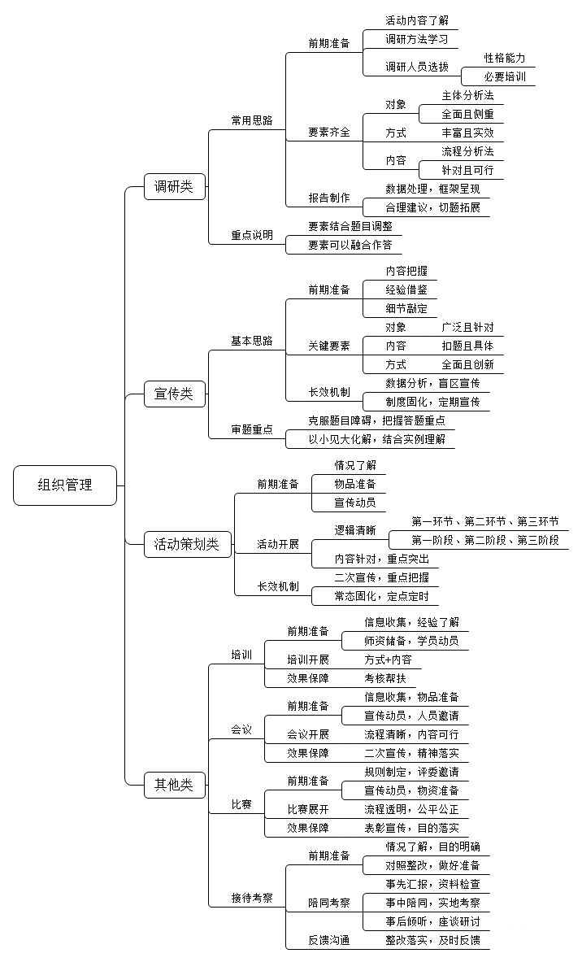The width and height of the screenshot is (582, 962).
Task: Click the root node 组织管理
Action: pos(65,485)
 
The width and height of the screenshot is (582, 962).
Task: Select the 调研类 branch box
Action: pos(174,186)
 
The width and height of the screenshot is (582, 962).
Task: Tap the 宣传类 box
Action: pos(174,394)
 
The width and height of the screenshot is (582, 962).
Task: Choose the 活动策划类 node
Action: pos(188,544)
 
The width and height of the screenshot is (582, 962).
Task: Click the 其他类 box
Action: pos(174,785)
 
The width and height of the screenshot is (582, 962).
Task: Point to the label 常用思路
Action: pos(251,121)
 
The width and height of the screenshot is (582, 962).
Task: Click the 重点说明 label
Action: pos(251,236)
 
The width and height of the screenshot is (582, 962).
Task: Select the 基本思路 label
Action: pos(251,341)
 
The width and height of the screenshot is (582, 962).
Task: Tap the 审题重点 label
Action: pos(251,430)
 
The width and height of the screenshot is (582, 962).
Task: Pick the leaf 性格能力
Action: pos(505,59)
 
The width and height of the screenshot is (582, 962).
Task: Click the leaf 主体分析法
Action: pos(467,96)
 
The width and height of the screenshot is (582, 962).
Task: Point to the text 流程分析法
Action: pos(467,151)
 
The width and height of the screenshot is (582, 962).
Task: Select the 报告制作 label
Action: pos(328,198)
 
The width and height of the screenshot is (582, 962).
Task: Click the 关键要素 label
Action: pos(328,346)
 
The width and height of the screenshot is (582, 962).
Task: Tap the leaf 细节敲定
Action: pos(406,308)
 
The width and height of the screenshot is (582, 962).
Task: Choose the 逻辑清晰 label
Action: pos(355,531)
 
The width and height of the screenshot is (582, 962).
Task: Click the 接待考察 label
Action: pos(251,899)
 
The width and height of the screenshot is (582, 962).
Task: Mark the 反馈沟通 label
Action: pos(328,941)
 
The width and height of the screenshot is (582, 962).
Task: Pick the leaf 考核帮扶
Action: pos(385,678)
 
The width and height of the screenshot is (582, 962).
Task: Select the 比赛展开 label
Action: pos(308,810)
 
